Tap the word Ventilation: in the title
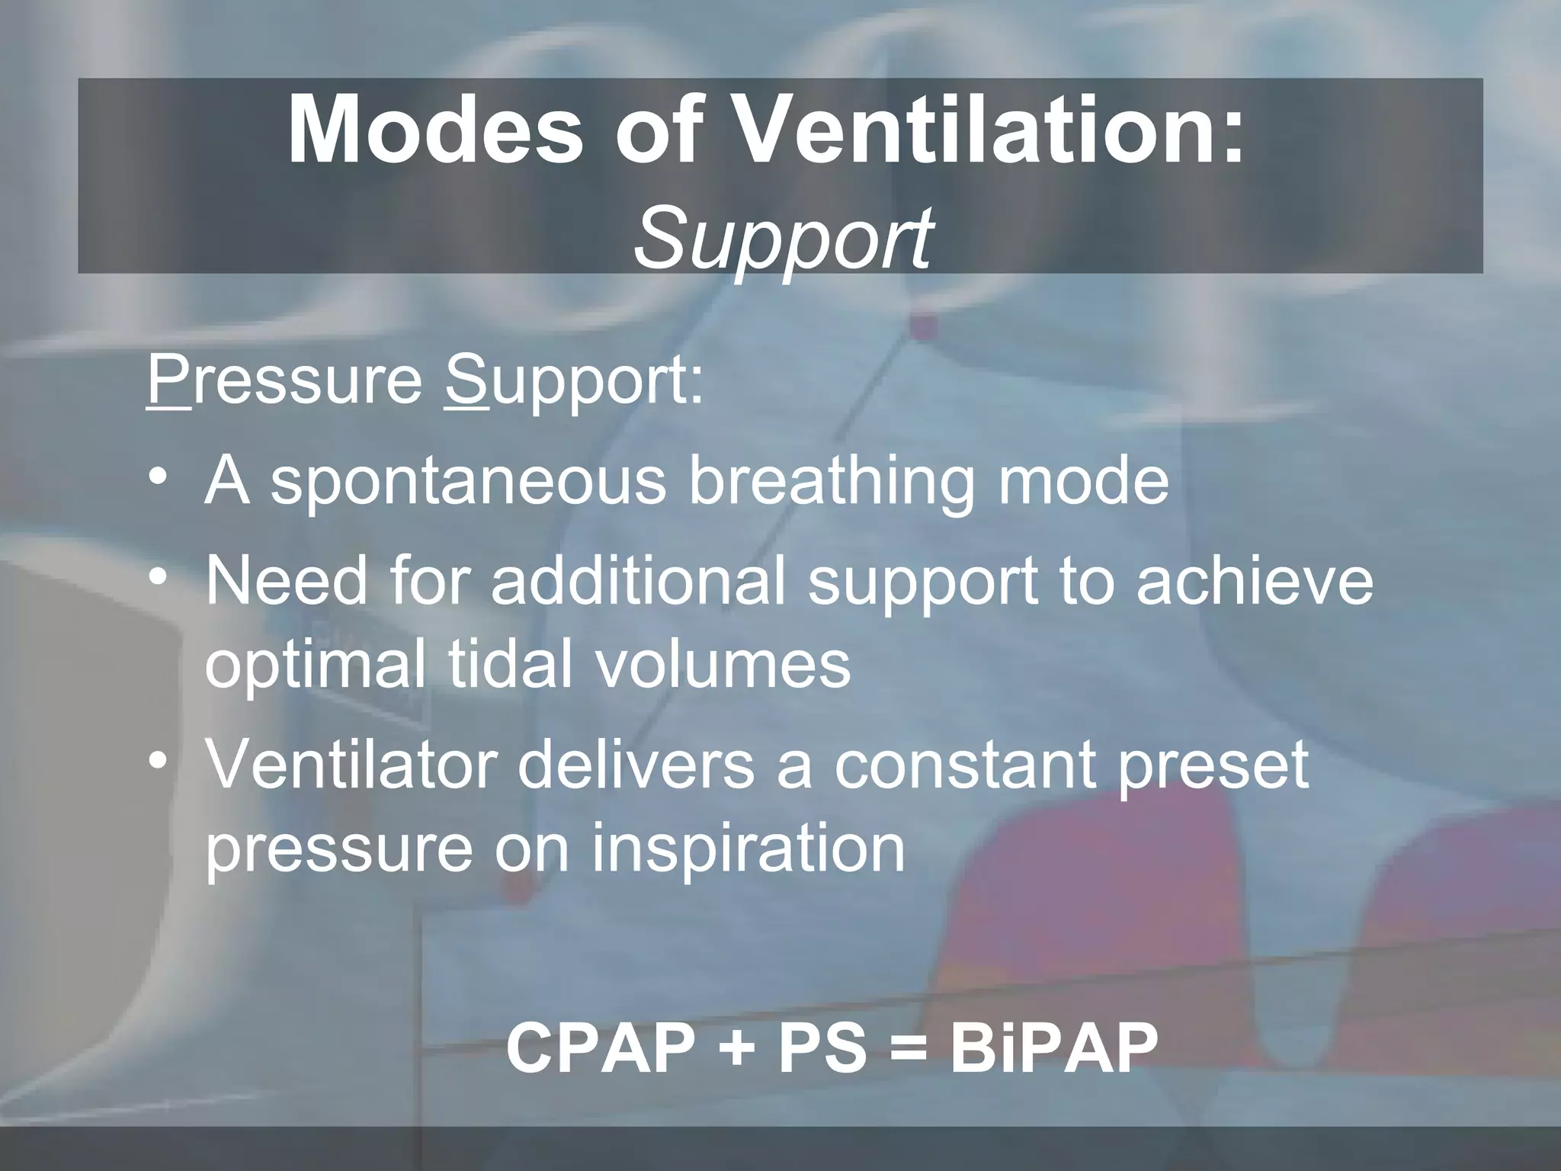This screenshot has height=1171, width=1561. coord(992,131)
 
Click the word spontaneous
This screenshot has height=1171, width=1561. coord(469,483)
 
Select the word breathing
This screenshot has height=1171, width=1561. coord(832,483)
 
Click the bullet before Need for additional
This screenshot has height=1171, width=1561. coord(158,579)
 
